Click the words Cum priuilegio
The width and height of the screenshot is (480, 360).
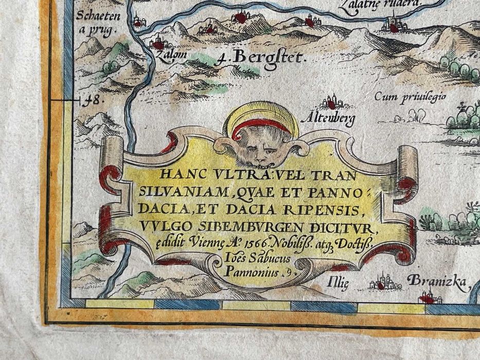coord(409,96)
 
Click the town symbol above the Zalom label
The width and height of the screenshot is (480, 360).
coord(157,44)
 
